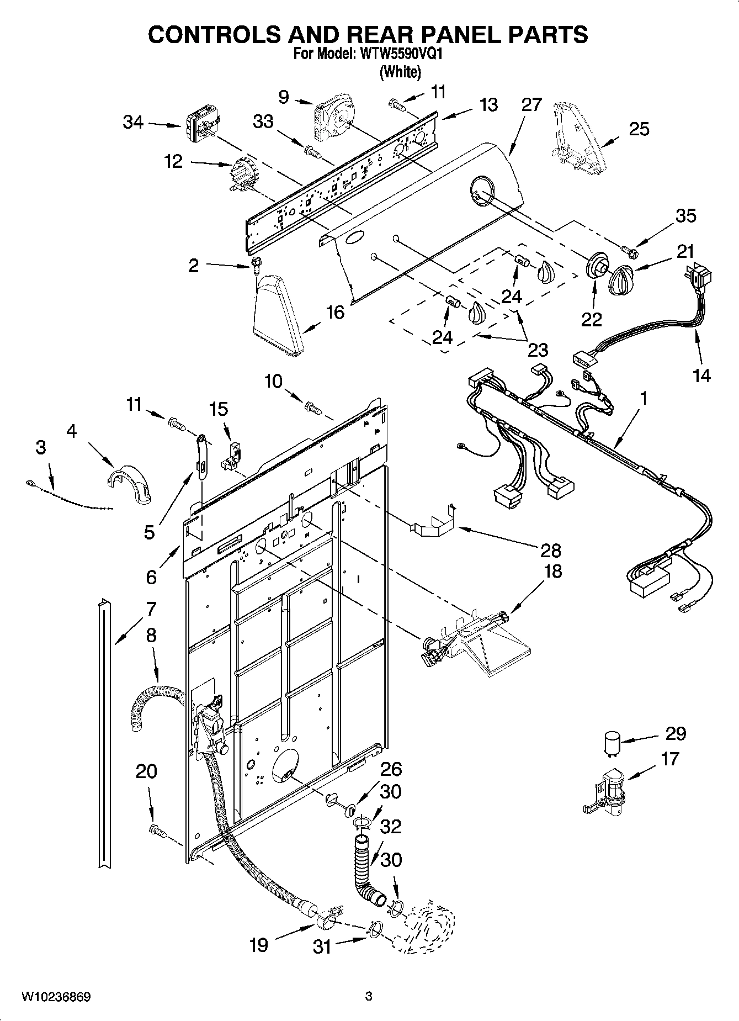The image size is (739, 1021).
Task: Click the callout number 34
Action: tap(133, 122)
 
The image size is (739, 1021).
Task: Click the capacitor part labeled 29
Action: tap(610, 743)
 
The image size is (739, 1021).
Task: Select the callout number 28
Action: tap(551, 550)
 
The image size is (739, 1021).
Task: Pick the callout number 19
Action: tap(258, 944)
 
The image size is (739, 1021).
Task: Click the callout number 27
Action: tap(531, 104)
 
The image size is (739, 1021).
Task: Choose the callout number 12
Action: tap(173, 162)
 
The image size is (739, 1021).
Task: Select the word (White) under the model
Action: tap(400, 71)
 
